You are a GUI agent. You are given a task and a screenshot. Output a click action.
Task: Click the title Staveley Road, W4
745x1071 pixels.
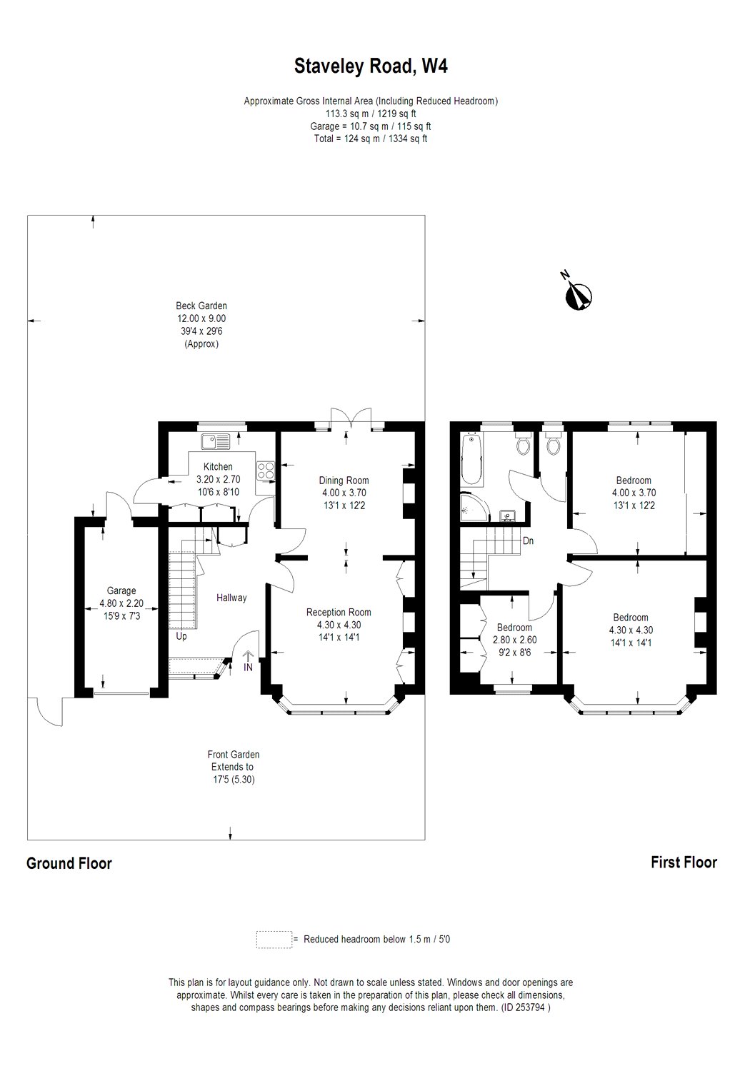coord(371,66)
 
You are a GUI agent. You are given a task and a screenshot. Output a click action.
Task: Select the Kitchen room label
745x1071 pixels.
coord(218,467)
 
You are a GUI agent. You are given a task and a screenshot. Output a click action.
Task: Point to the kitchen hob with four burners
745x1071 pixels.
coord(266,470)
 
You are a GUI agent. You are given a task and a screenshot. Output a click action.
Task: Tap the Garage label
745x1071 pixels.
coord(121,591)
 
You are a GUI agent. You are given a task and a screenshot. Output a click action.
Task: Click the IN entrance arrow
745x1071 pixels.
coord(248,660)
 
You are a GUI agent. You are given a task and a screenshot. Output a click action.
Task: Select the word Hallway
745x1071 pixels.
coord(231,598)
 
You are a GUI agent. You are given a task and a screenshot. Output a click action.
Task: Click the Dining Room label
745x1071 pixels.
coord(344,481)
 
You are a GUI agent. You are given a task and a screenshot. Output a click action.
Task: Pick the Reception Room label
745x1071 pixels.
coord(339,613)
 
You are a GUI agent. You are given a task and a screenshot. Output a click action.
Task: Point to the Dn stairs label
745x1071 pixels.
coord(528,540)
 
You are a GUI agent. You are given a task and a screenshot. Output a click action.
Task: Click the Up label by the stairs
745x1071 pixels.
coord(181,637)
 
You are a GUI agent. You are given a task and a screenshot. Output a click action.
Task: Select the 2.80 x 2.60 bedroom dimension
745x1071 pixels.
coord(514,640)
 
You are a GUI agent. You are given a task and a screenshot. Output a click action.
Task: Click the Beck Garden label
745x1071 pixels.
coord(201,306)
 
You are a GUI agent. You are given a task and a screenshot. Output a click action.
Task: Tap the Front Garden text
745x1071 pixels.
coord(234,755)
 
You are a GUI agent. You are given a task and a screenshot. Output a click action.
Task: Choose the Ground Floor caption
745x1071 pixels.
coord(69,863)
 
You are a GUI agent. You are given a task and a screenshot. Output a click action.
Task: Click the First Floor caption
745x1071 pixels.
coord(684,863)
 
